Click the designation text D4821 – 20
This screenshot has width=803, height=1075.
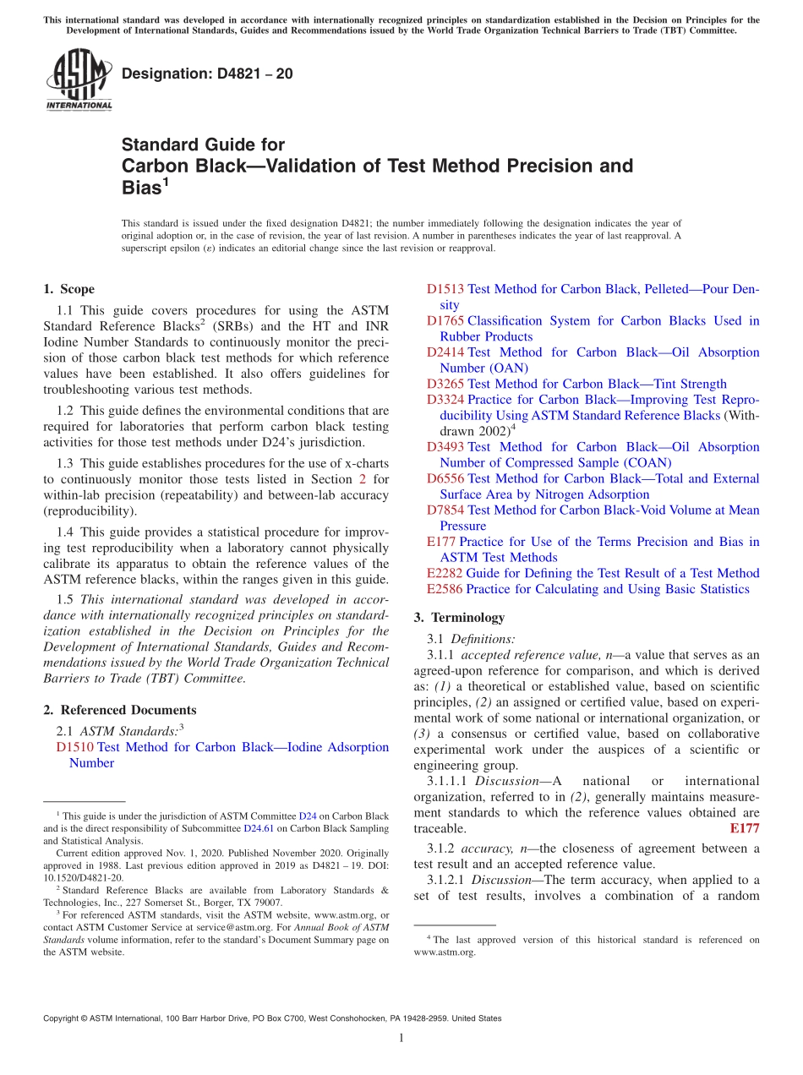(207, 74)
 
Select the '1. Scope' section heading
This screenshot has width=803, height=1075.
(68, 289)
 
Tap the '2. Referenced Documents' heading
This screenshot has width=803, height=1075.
(119, 710)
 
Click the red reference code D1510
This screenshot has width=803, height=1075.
(74, 747)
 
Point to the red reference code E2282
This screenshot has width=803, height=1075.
(445, 573)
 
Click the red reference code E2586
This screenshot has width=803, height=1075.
(445, 589)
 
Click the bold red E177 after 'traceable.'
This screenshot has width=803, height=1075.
(744, 828)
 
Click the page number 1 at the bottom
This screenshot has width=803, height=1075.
(401, 1038)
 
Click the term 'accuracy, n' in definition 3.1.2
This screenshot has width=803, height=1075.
(495, 848)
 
